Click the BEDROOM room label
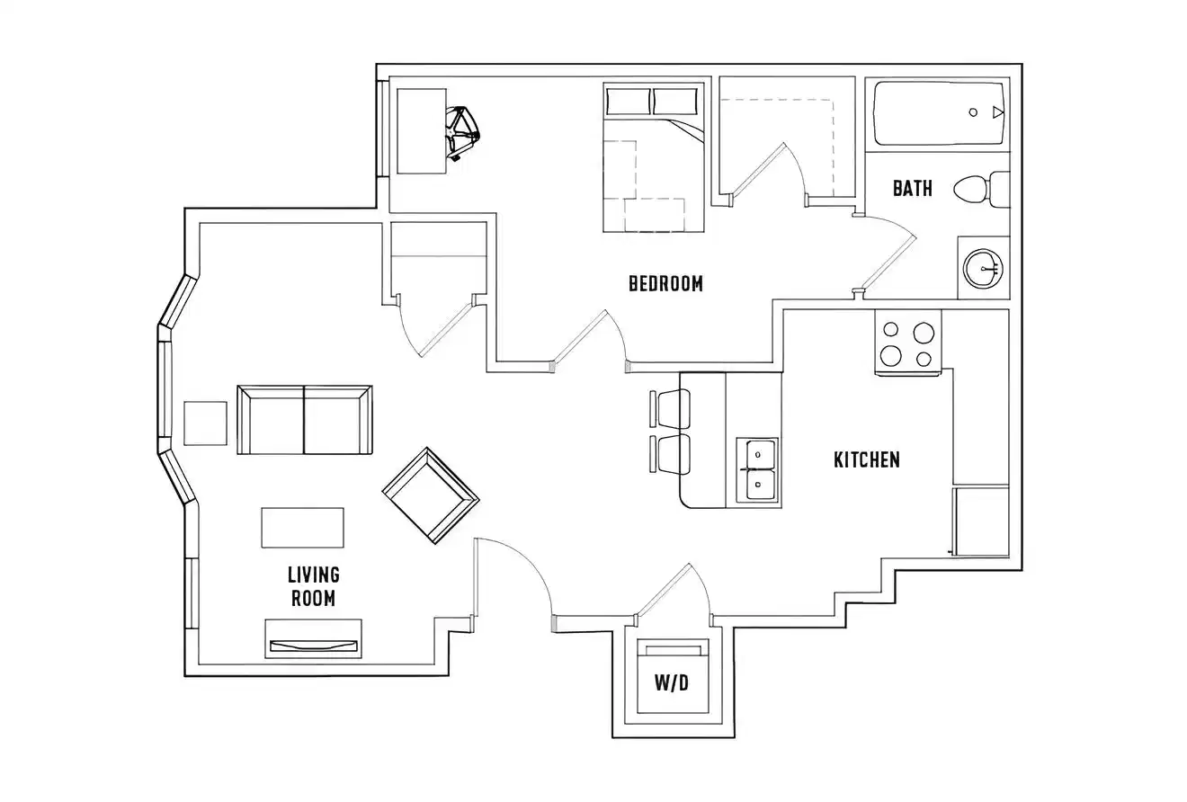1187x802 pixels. (665, 283)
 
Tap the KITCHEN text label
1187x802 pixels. (866, 459)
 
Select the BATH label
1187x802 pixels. (912, 189)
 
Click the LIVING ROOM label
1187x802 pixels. (313, 586)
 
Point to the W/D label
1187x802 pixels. (671, 683)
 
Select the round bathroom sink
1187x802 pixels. (983, 267)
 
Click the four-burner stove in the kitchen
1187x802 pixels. (908, 343)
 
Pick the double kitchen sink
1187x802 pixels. (757, 469)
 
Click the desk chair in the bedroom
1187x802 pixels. (463, 131)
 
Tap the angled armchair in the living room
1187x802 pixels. (430, 495)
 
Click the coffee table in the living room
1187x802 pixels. (302, 528)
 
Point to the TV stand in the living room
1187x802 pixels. (313, 639)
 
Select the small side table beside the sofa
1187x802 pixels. (206, 423)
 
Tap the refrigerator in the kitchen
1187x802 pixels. (980, 521)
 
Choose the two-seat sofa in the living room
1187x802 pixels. (304, 421)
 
